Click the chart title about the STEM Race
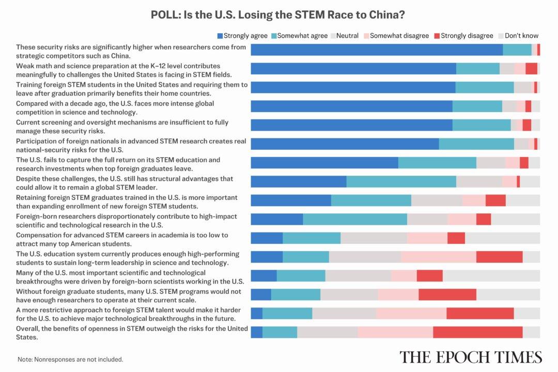pyautogui.click(x=278, y=14)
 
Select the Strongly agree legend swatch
pyautogui.click(x=220, y=36)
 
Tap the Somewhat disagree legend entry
pyautogui.click(x=395, y=36)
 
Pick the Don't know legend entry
pyautogui.click(x=518, y=36)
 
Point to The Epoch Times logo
pyautogui.click(x=470, y=357)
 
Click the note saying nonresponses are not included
pyautogui.click(x=70, y=359)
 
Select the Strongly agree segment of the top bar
pyautogui.click(x=377, y=50)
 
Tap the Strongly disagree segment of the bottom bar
pyautogui.click(x=477, y=332)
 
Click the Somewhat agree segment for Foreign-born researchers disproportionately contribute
pyautogui.click(x=355, y=219)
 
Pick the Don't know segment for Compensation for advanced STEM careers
pyautogui.click(x=502, y=238)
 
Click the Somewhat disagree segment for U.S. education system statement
pyautogui.click(x=438, y=257)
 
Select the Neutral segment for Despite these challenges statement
pyautogui.click(x=479, y=181)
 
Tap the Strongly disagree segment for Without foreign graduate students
pyautogui.click(x=447, y=295)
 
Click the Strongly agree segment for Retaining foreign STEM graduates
pyautogui.click(x=291, y=200)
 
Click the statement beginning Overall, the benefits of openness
pyautogui.click(x=132, y=333)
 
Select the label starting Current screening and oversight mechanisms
pyautogui.click(x=122, y=127)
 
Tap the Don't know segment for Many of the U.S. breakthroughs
pyautogui.click(x=491, y=275)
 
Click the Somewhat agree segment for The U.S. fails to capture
pyautogui.click(x=437, y=163)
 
